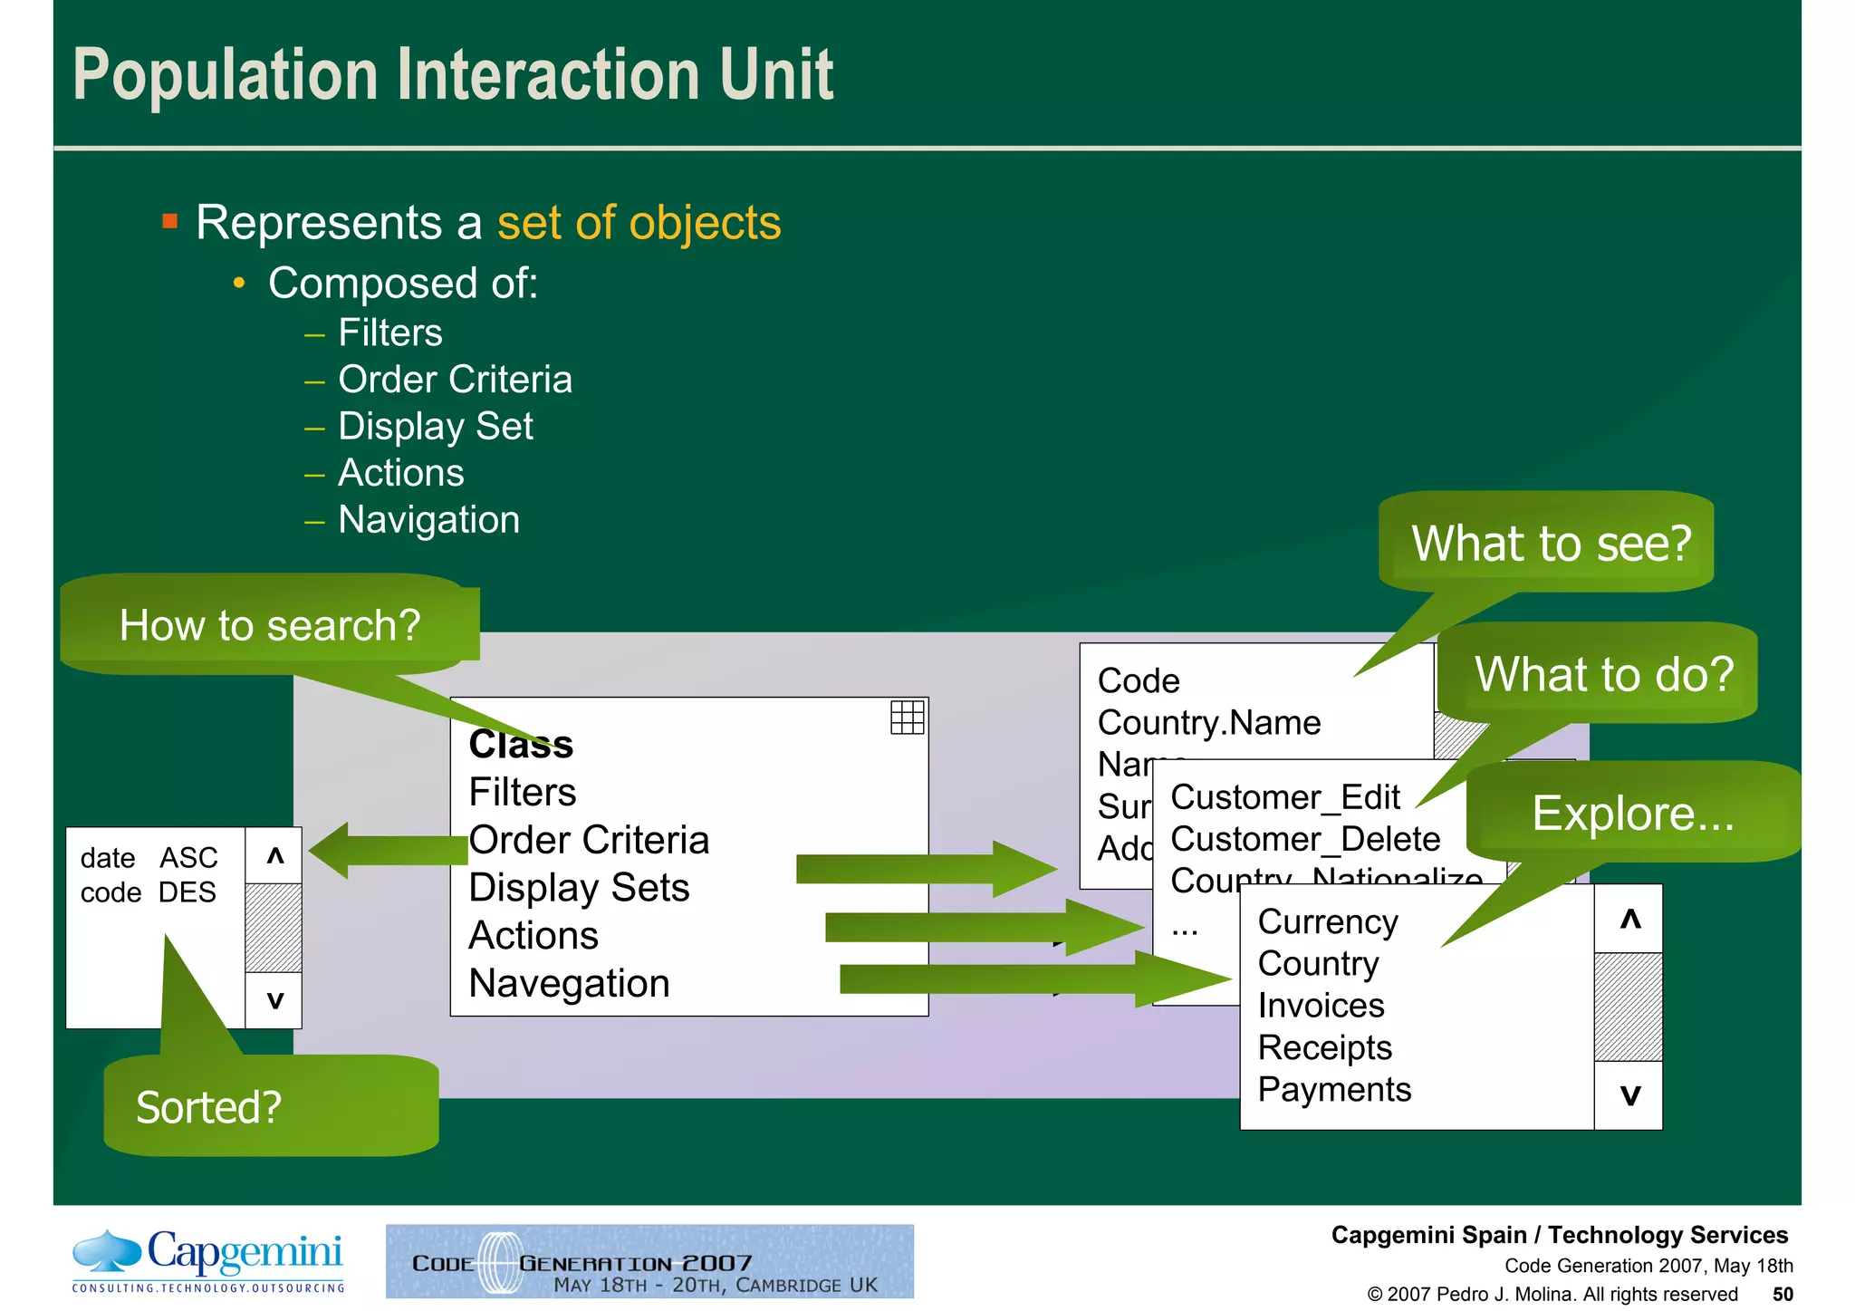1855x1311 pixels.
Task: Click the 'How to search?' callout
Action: (269, 625)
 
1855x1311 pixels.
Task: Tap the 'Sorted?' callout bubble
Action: (210, 1107)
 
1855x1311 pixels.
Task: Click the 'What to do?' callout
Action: (1603, 675)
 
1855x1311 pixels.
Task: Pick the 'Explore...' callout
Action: (1632, 813)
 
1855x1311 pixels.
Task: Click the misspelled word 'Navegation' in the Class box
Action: (569, 984)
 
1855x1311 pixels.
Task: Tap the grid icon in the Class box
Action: (907, 718)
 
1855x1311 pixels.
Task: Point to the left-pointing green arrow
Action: (385, 850)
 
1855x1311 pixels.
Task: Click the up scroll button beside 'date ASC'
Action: (275, 855)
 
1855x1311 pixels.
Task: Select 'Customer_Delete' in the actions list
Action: (1304, 839)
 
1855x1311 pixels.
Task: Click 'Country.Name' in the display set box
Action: (1208, 723)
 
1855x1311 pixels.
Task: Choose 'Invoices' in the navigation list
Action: (1321, 1006)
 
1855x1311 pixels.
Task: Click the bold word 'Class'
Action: (521, 745)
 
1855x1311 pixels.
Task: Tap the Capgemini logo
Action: (208, 1260)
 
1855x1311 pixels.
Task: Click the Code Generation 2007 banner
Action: (649, 1262)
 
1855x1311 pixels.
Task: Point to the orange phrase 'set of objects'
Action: (639, 223)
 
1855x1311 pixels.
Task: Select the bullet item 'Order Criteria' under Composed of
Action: (455, 380)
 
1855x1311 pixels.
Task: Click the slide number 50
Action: (1782, 1294)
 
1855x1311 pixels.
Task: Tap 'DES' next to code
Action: (187, 892)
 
